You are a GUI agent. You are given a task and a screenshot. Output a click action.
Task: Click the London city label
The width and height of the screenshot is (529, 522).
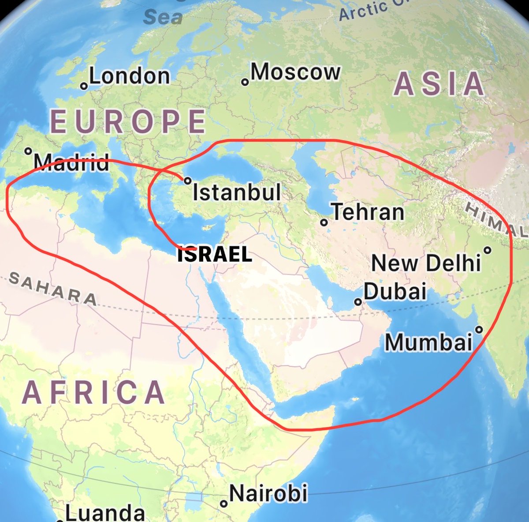[x=129, y=76]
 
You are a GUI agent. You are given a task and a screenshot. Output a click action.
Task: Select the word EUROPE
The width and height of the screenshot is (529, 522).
[x=128, y=121]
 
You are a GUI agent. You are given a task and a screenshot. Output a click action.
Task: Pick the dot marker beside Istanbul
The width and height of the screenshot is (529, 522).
[x=187, y=180]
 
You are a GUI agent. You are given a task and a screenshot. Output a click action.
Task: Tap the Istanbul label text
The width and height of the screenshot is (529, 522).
[x=237, y=192]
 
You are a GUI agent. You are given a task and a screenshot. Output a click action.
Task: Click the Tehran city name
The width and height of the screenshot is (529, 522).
[x=367, y=212]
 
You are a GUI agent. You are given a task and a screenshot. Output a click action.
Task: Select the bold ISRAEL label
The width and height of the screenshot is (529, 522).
[x=215, y=255]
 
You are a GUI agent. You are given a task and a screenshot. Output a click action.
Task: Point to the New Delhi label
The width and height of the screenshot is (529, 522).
[x=426, y=263]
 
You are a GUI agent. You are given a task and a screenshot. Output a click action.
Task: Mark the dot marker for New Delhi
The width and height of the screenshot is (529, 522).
[x=487, y=250]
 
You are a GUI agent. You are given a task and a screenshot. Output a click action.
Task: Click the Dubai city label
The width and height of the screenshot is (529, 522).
[x=395, y=291]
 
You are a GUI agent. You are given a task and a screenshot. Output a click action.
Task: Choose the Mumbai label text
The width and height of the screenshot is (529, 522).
[x=428, y=342]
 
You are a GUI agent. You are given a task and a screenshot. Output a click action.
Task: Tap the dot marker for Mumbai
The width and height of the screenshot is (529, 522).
[x=479, y=329]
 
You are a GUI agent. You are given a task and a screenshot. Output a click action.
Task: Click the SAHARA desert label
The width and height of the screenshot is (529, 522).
[x=53, y=289]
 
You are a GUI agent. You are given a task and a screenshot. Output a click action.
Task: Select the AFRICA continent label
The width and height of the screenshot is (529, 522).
[x=93, y=392]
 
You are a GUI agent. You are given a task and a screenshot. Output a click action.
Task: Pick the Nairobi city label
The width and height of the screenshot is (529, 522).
[x=268, y=493]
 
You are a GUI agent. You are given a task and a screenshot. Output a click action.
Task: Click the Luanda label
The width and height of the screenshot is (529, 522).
[x=105, y=513]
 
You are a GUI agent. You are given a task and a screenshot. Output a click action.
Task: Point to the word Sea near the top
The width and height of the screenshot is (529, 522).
[x=163, y=17]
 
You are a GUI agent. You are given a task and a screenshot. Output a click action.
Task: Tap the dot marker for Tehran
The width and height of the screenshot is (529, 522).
[x=324, y=222]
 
